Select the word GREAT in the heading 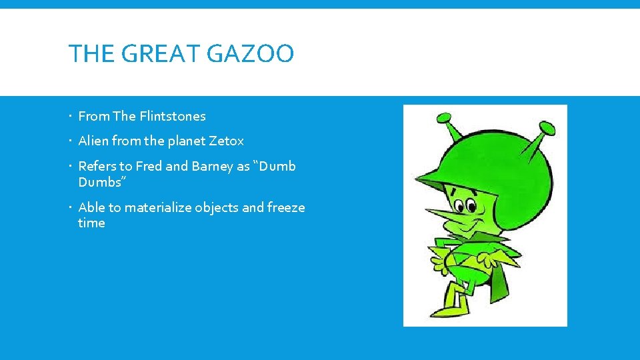(x=166, y=54)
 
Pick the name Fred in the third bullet (x=149, y=166)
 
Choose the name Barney (x=213, y=166)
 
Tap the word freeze (x=286, y=207)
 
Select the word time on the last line (x=91, y=223)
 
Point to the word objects (x=217, y=207)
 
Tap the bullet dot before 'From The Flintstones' (x=71, y=117)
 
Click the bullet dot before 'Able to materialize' (x=71, y=208)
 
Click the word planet (x=183, y=141)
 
